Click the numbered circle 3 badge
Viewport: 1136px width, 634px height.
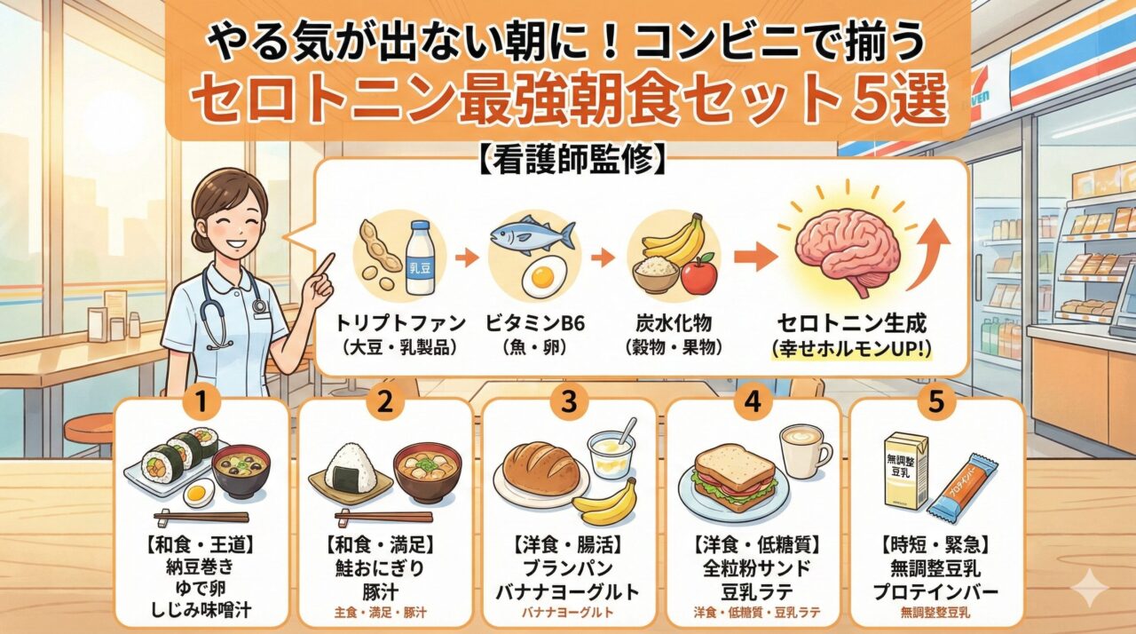click(x=569, y=401)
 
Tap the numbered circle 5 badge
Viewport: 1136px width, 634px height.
click(x=936, y=401)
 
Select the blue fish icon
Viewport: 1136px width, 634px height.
click(x=532, y=234)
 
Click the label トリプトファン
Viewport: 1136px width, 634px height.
click(x=400, y=323)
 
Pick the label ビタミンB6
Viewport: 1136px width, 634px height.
click(x=535, y=323)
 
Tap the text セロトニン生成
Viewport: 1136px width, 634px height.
click(x=852, y=323)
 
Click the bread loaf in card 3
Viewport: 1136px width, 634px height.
click(x=541, y=468)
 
